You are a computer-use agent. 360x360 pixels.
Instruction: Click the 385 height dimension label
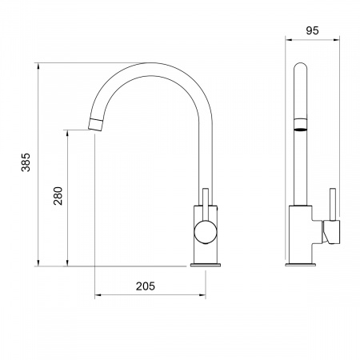point(26,162)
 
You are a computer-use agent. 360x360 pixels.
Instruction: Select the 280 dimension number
point(58,196)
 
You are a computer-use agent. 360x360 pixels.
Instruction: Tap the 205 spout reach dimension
point(146,286)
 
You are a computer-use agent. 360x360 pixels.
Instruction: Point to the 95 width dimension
point(312,30)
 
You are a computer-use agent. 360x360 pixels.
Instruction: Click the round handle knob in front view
point(206,232)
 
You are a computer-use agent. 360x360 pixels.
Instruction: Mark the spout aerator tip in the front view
point(95,125)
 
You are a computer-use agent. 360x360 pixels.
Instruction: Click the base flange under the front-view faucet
point(206,265)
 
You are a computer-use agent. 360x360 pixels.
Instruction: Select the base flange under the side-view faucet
point(301,265)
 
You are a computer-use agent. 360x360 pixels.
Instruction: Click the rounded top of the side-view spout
point(301,66)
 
